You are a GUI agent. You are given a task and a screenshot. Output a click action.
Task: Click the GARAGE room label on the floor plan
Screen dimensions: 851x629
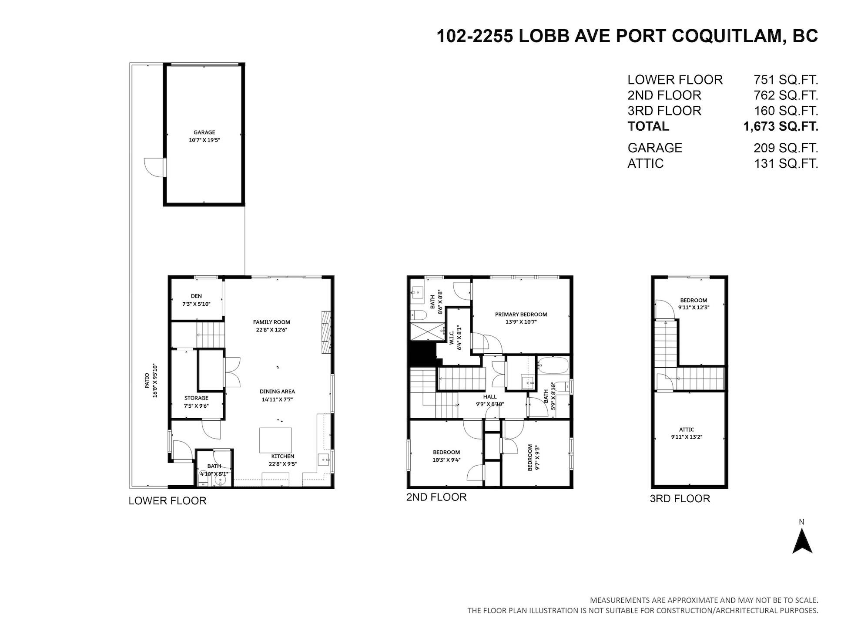coord(204,132)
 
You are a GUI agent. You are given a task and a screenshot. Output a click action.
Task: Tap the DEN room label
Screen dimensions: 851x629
coord(196,296)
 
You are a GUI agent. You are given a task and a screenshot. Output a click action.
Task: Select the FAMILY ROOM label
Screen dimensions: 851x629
coord(271,322)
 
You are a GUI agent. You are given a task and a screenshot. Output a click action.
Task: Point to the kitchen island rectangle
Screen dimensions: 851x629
coord(276,440)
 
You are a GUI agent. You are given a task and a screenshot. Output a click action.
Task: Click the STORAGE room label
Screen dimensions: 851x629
coord(196,398)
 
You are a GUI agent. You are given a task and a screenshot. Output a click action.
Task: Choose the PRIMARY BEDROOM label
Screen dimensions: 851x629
coord(521,314)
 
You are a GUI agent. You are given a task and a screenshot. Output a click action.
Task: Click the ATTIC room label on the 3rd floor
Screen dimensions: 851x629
coord(687,429)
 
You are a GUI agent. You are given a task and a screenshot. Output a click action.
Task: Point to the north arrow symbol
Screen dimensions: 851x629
coord(802,541)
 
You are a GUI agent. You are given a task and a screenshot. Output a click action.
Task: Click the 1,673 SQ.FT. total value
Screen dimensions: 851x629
coord(781,126)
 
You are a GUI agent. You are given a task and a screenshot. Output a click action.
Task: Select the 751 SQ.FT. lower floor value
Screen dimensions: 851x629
coord(786,80)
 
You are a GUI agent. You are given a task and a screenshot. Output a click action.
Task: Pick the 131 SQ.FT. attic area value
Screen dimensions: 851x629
coord(786,163)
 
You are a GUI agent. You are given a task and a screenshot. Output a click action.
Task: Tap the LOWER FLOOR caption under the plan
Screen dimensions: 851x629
coord(168,501)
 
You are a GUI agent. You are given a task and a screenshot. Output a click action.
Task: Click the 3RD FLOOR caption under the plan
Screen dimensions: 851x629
coord(680,498)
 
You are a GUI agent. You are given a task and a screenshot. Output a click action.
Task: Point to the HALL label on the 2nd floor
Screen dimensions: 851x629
coord(490,397)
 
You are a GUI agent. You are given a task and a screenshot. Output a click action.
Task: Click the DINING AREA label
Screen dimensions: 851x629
coord(277,392)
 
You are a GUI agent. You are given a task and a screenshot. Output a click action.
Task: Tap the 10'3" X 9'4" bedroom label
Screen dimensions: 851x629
coord(446,460)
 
